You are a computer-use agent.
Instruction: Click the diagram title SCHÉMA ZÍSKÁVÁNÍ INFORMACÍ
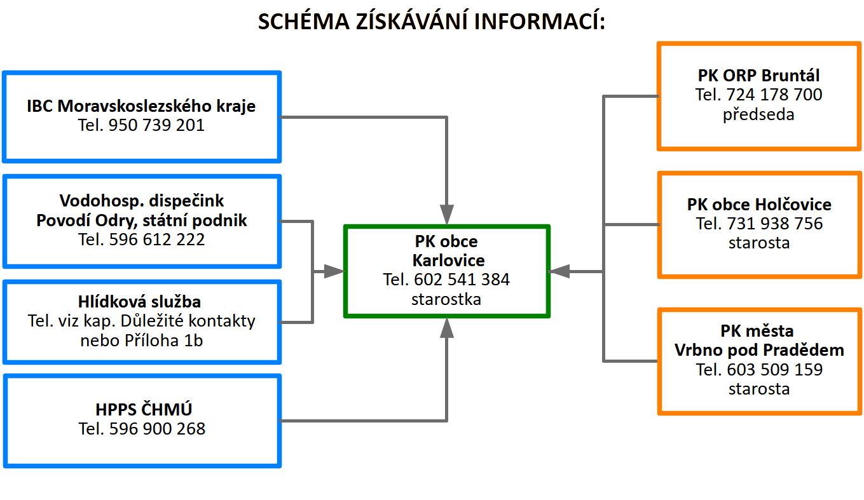(431, 21)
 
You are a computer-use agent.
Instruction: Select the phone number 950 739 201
(156, 125)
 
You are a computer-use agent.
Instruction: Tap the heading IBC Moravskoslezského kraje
(141, 106)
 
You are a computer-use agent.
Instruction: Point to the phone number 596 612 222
(157, 240)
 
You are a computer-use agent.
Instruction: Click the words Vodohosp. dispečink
(142, 201)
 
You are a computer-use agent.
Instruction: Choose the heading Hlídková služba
(140, 302)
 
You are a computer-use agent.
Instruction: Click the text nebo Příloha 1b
(142, 341)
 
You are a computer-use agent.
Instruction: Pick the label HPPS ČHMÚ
(144, 409)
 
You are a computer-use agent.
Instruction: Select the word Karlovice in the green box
(448, 260)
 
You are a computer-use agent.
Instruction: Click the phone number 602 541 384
(462, 280)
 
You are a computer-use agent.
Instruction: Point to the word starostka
(446, 299)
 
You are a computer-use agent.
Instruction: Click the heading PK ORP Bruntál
(758, 76)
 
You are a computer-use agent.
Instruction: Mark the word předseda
(758, 115)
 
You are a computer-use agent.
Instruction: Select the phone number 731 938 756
(775, 224)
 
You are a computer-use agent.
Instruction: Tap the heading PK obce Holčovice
(759, 205)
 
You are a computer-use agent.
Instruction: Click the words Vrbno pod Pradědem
(759, 351)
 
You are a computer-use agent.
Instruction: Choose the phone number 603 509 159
(775, 370)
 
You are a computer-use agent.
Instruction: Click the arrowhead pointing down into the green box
(447, 215)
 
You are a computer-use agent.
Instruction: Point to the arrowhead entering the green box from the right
(559, 271)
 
